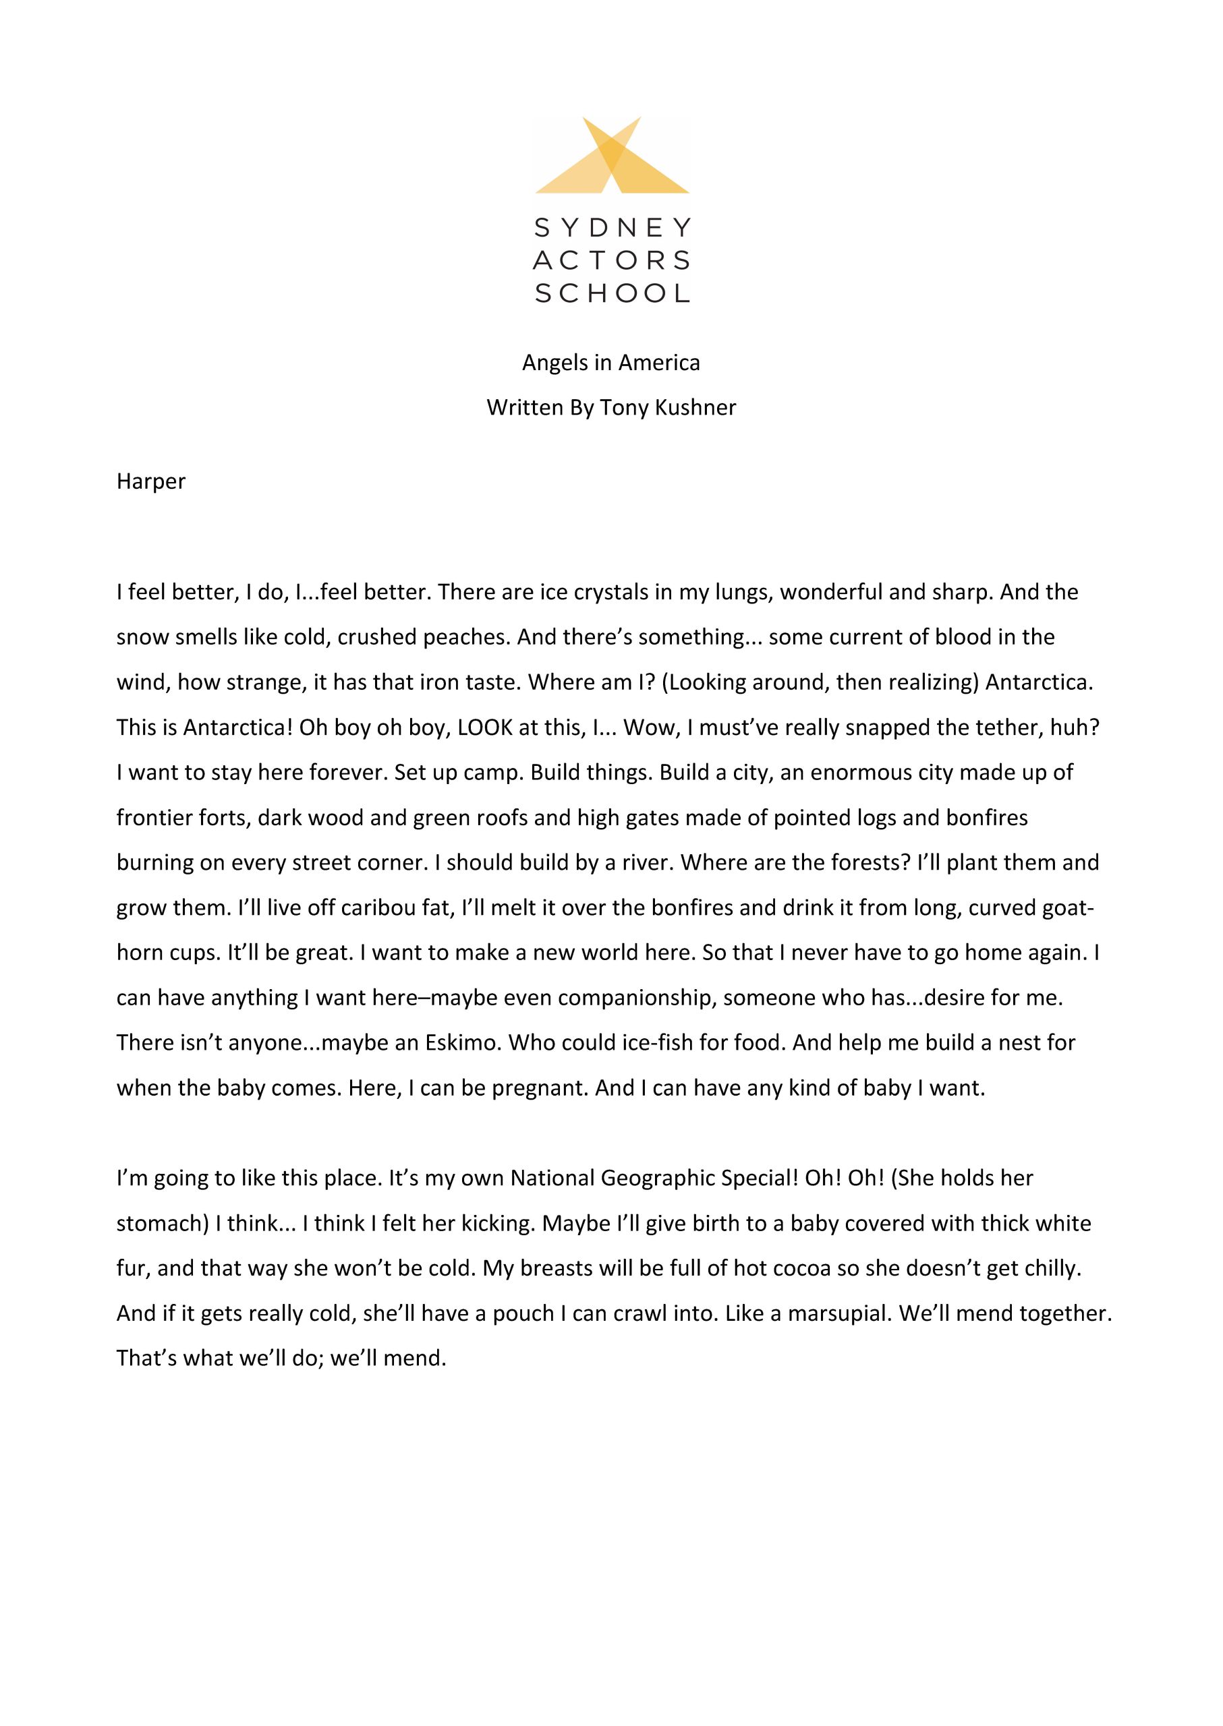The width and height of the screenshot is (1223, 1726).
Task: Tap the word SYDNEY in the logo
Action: pyautogui.click(x=611, y=227)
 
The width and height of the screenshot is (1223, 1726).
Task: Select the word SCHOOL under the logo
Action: pyautogui.click(x=611, y=293)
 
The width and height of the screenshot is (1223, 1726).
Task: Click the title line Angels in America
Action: pyautogui.click(x=610, y=363)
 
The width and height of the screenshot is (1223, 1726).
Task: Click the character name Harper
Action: pyautogui.click(x=150, y=482)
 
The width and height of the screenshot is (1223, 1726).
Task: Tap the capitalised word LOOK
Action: pyautogui.click(x=485, y=728)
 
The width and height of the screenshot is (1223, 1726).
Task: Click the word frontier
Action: pyautogui.click(x=154, y=819)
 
